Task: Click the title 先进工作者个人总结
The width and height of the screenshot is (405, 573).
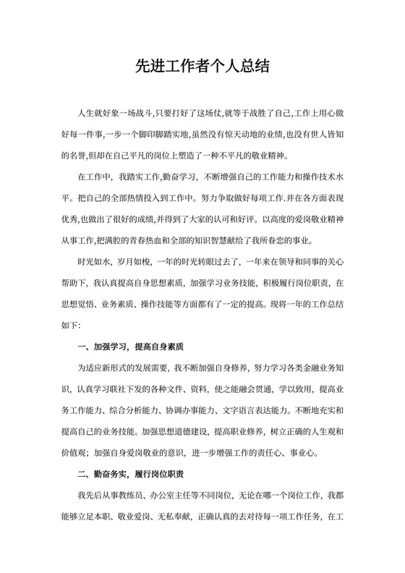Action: pos(202,67)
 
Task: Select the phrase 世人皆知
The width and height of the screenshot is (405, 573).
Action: pos(328,135)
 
